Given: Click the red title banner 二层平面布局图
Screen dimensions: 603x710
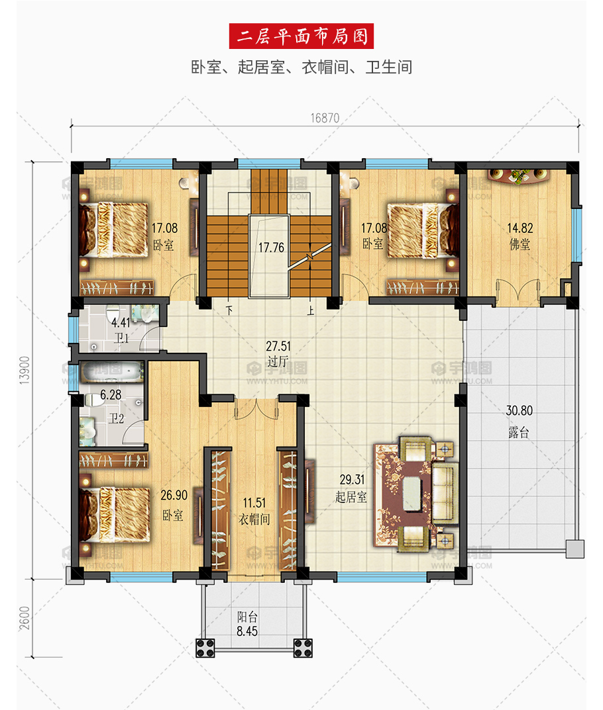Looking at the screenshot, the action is tap(301, 36).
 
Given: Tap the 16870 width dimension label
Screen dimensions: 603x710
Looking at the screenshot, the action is tap(325, 118).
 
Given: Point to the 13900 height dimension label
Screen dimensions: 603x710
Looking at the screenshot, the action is tap(25, 371).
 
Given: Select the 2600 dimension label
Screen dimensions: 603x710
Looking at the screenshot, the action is tap(25, 617).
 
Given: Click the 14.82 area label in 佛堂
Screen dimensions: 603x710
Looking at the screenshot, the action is tap(520, 228).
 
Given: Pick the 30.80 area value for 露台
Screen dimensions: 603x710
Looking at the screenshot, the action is tap(519, 411).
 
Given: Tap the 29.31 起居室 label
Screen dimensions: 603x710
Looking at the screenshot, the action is tap(351, 488).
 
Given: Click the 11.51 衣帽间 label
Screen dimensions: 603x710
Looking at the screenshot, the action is tap(254, 511).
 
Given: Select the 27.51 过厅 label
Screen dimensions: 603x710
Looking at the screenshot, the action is tap(278, 353).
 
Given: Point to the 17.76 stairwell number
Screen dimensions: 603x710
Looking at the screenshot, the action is tap(271, 247).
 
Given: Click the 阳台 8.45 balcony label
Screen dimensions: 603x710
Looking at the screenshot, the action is tap(247, 624).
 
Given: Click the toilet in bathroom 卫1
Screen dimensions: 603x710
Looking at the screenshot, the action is tap(112, 314).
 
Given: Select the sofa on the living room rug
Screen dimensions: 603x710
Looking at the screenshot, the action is tap(444, 492).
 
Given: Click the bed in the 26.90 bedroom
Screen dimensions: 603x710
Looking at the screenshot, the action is tap(114, 514).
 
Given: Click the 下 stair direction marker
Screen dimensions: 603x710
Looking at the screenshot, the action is tap(229, 310).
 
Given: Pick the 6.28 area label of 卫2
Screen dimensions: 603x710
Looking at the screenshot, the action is tap(111, 395).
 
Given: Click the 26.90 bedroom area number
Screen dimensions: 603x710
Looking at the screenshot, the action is tap(174, 496).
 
